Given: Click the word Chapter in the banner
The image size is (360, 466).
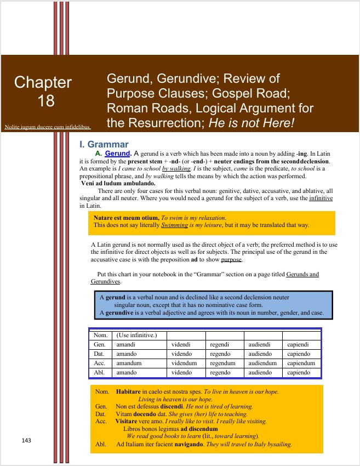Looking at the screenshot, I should click(43, 82).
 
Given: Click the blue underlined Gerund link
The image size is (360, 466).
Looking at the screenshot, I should click(117, 154).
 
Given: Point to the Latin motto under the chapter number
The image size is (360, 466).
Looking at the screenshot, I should click(47, 127).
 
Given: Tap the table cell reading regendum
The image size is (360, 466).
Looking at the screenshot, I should click(222, 363).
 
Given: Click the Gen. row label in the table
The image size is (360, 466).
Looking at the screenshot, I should click(100, 345).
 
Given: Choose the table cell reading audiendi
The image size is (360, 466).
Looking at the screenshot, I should click(261, 345).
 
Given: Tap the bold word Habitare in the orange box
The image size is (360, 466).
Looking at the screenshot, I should click(128, 392).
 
